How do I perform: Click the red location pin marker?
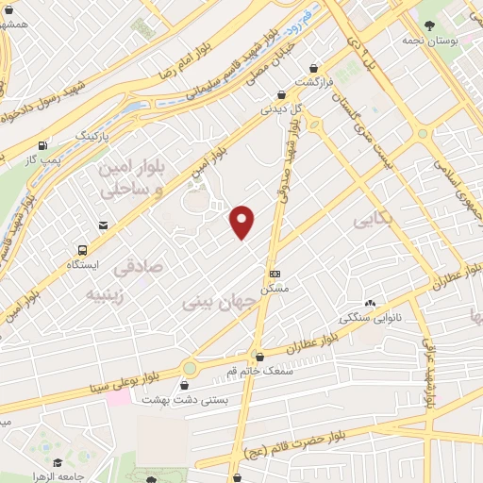point(242,222)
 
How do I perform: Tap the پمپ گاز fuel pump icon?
point(42,146)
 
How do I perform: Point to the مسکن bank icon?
point(275,272)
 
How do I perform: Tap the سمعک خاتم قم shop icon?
point(258,357)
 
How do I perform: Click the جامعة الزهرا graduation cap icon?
point(58,462)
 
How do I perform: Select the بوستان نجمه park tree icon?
point(429,25)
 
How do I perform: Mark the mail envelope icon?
point(102,225)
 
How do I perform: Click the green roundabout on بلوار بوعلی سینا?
point(190,368)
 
